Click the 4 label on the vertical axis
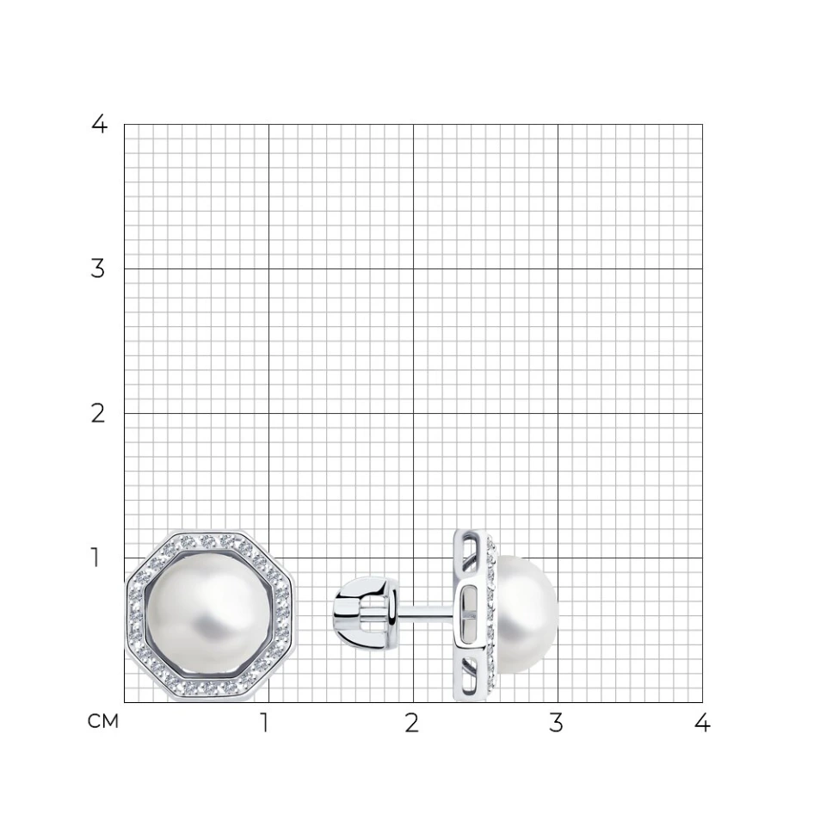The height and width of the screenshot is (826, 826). [x=99, y=124]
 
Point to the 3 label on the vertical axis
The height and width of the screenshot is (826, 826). [x=98, y=268]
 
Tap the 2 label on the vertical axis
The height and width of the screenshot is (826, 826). [x=98, y=414]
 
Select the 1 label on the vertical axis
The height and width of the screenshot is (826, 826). [x=96, y=558]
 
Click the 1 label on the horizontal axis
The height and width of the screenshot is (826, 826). [x=265, y=724]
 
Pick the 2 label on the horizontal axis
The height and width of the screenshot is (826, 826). [x=412, y=724]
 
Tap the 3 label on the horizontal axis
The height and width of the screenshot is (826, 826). [x=556, y=724]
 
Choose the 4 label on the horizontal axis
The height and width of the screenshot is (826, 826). [x=702, y=724]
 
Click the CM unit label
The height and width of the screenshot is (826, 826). [x=102, y=721]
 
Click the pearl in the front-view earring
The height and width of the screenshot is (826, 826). [x=209, y=616]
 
